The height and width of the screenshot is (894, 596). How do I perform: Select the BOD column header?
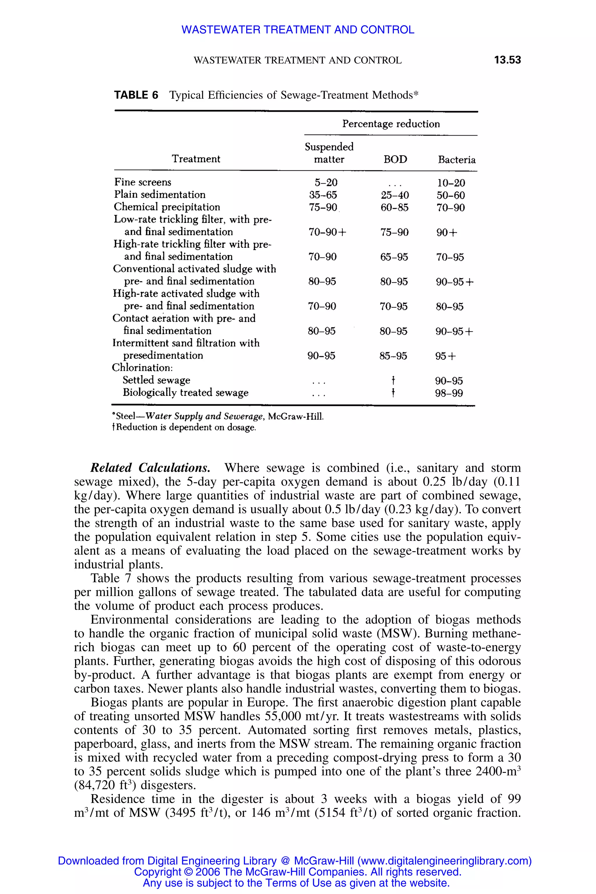tap(395, 159)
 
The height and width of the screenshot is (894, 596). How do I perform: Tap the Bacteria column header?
tap(457, 160)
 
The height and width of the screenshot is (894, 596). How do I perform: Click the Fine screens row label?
tap(143, 182)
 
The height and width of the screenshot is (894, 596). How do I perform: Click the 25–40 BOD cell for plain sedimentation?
tap(395, 195)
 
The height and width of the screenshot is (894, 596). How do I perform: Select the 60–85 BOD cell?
tap(394, 207)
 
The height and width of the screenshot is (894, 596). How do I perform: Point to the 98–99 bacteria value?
tap(449, 393)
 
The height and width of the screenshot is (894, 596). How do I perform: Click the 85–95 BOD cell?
tap(393, 356)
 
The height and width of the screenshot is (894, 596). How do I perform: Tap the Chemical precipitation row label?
tap(167, 207)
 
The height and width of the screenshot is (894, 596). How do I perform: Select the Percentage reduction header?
tap(391, 124)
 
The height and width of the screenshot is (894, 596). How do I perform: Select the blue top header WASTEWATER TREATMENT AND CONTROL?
tap(298, 30)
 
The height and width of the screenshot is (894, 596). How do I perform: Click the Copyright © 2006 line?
tap(298, 872)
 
